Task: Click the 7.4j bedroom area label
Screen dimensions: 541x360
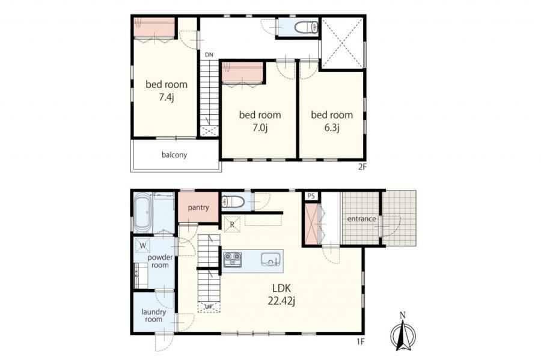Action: tap(167, 97)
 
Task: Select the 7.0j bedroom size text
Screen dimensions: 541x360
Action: tap(260, 128)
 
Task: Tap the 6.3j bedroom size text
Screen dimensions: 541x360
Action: tap(332, 128)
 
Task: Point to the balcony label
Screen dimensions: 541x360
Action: tap(174, 155)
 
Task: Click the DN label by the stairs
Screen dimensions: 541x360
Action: tap(209, 55)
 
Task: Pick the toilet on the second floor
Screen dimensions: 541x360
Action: tap(306, 27)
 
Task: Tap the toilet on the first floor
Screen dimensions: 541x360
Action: tap(233, 201)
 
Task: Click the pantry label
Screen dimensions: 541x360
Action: tap(198, 207)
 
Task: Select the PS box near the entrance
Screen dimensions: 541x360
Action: tap(311, 196)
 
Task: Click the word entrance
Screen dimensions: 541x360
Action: tap(361, 219)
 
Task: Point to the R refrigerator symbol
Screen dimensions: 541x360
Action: tap(232, 225)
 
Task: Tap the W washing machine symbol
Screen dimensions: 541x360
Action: tap(143, 246)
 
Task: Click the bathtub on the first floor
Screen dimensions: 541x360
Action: tap(142, 213)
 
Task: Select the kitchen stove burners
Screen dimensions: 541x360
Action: tap(233, 259)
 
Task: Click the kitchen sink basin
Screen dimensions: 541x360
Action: tap(272, 259)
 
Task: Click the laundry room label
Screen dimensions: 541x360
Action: tap(153, 316)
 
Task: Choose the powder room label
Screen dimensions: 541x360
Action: tap(160, 261)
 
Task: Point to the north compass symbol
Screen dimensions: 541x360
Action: tap(403, 332)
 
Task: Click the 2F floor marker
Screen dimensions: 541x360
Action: tap(362, 167)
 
